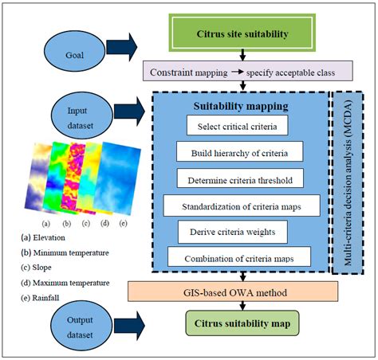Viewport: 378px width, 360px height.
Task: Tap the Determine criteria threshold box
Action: [x=239, y=178]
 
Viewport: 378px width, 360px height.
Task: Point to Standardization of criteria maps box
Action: [x=240, y=205]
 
